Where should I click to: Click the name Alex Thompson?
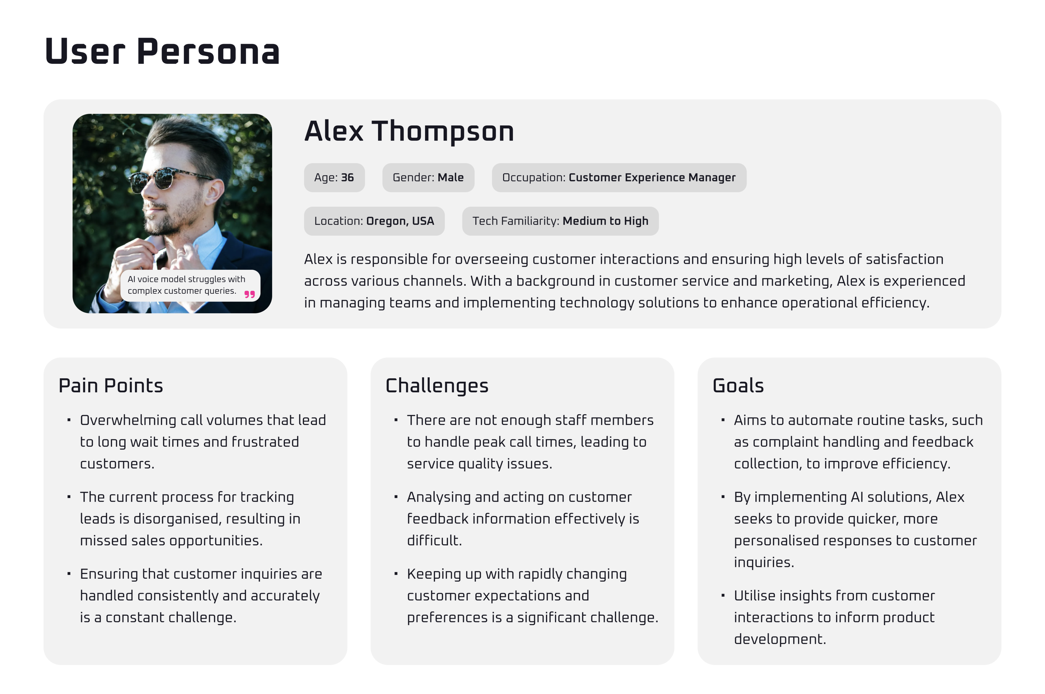point(409,132)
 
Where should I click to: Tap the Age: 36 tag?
point(334,177)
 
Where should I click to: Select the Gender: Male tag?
point(428,177)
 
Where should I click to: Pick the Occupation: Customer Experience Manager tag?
point(619,177)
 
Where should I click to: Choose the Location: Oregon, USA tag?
point(374,221)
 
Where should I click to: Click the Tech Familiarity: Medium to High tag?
point(560,221)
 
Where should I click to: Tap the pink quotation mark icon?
point(250,294)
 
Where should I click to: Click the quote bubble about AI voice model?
point(190,286)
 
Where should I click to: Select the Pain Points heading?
point(111,385)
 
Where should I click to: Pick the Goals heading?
point(738,385)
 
